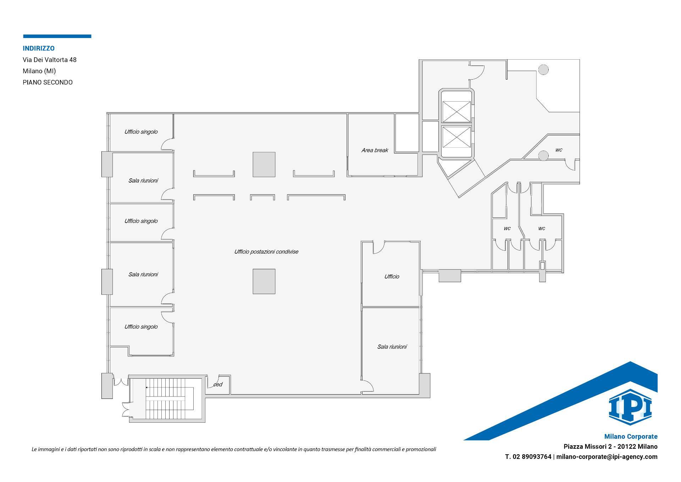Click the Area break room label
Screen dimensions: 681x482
[x=375, y=150]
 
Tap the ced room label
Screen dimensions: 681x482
[x=218, y=384]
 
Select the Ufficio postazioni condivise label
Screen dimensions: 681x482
[x=266, y=252]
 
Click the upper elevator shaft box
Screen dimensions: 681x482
[x=456, y=112]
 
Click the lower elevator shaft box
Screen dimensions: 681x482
[x=456, y=137]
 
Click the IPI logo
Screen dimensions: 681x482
[x=630, y=407]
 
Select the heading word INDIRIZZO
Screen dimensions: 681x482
[x=39, y=48]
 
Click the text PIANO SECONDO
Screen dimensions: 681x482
[x=48, y=82]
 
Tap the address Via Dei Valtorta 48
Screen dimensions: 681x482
[x=50, y=60]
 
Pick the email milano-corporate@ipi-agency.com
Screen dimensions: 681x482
[x=607, y=457]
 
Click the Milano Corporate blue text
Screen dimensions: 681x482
[x=631, y=437]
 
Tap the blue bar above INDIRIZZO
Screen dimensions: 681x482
[x=57, y=36]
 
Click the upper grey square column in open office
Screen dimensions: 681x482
[x=264, y=164]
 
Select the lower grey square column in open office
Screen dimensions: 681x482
[x=264, y=282]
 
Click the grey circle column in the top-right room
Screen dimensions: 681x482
[x=543, y=70]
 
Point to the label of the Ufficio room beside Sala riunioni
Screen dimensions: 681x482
[x=392, y=277]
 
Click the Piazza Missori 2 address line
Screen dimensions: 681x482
[x=610, y=446]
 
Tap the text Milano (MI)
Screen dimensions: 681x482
[x=39, y=71]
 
